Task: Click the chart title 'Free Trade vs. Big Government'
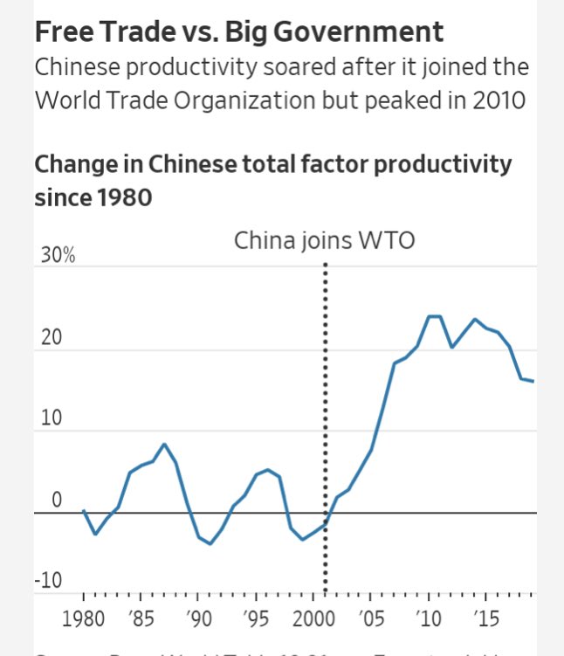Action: tap(238, 32)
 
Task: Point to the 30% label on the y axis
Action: tap(55, 256)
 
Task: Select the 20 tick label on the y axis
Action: tap(52, 338)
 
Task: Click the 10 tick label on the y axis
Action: tap(52, 418)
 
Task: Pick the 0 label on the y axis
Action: tap(57, 501)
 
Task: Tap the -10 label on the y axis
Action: tap(49, 581)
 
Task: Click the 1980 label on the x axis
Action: tap(84, 619)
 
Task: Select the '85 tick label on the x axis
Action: tap(140, 619)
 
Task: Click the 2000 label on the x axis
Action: tap(313, 619)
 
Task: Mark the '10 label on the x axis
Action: tap(429, 619)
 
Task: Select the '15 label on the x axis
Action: tap(486, 619)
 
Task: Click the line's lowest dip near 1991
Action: tap(210, 543)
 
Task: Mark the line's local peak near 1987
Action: tap(164, 445)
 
